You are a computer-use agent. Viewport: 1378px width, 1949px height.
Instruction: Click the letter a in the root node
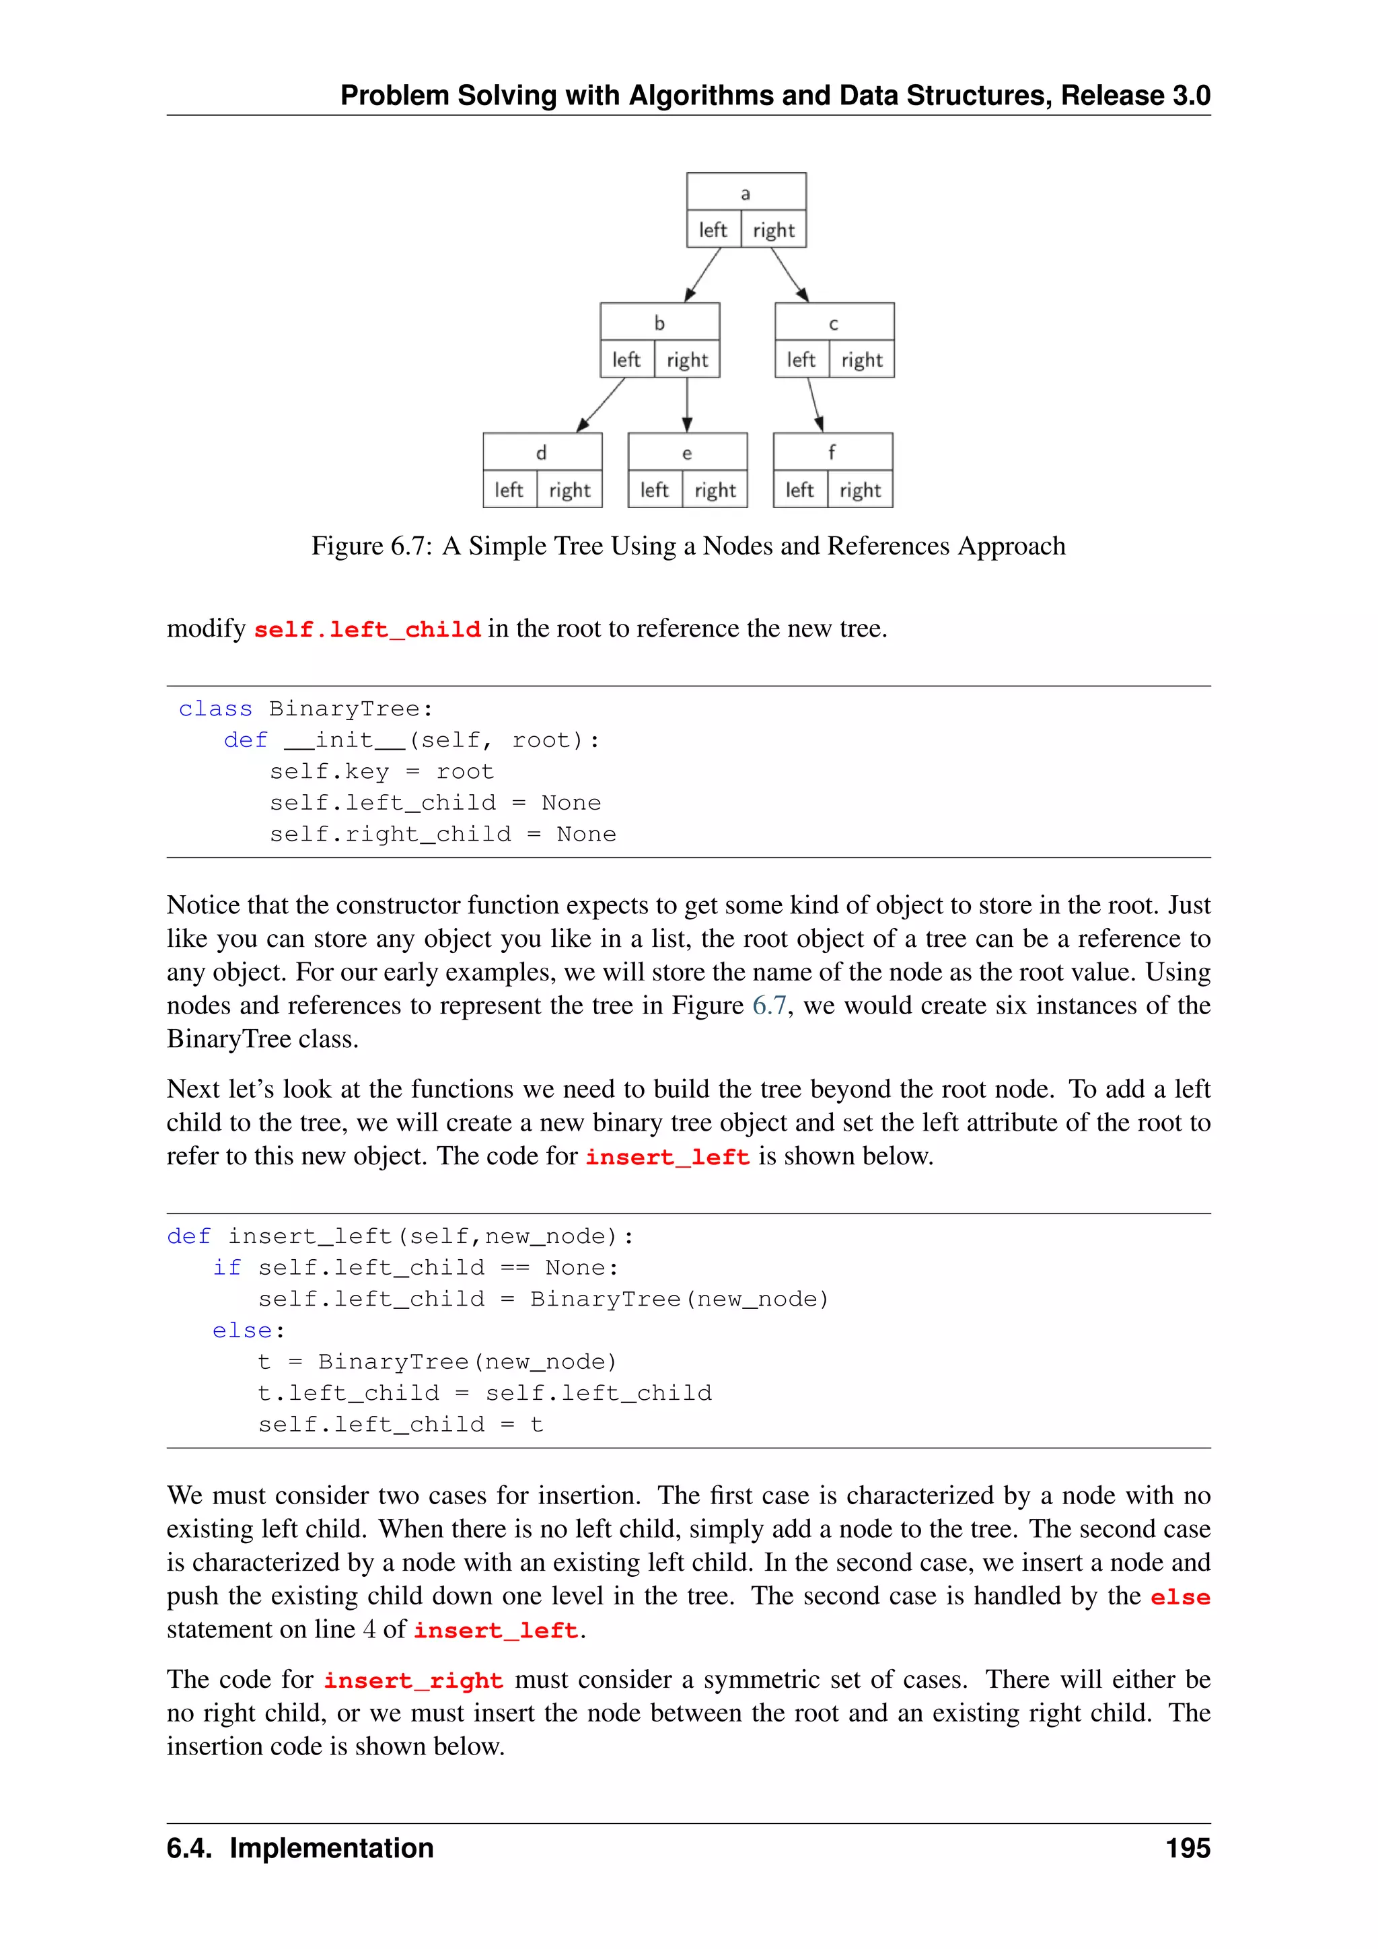click(x=745, y=194)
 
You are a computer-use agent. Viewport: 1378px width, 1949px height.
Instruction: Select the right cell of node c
click(x=861, y=360)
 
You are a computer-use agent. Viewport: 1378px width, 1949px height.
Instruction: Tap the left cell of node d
click(x=509, y=490)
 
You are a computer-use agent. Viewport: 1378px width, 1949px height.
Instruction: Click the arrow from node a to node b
click(x=702, y=274)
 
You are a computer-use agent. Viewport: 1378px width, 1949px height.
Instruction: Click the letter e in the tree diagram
click(x=686, y=454)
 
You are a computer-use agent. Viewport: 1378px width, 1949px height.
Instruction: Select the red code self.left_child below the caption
click(x=367, y=630)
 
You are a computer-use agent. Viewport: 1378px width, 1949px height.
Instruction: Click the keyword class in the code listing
click(x=215, y=709)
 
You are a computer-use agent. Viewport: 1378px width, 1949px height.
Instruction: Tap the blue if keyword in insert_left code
click(x=227, y=1267)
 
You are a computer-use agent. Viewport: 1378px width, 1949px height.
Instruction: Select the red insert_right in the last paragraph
click(x=413, y=1680)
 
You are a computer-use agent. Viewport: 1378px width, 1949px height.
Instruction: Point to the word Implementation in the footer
click(x=331, y=1848)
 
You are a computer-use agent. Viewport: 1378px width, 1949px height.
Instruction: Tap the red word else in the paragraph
click(x=1180, y=1598)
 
